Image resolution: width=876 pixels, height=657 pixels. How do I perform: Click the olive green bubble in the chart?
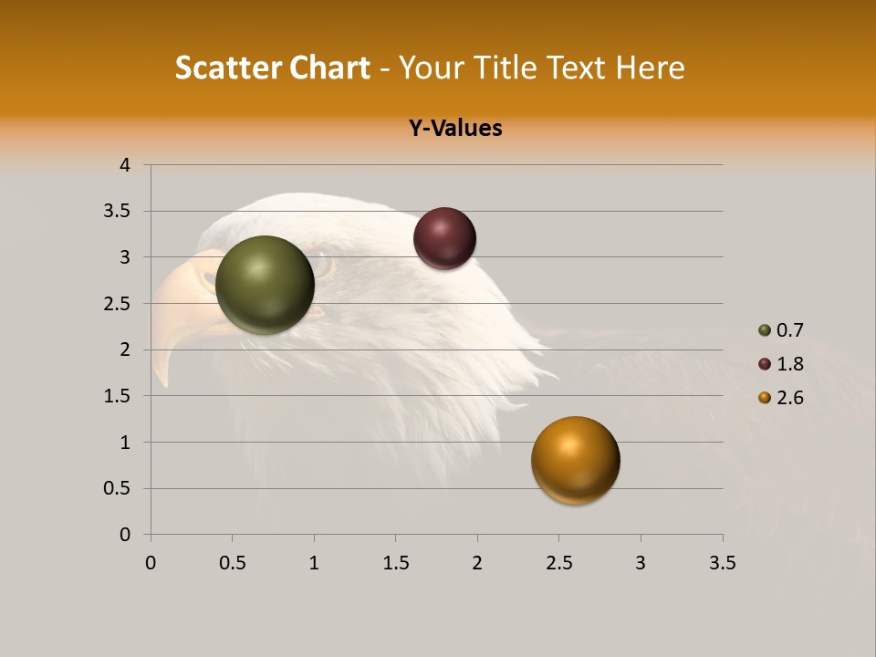tap(265, 285)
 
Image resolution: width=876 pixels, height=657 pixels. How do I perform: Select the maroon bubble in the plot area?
tap(444, 238)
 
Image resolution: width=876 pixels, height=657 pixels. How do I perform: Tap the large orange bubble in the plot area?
tap(575, 460)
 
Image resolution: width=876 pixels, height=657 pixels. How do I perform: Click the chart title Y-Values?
tap(455, 129)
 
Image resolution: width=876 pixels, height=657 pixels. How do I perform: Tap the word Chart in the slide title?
tap(329, 68)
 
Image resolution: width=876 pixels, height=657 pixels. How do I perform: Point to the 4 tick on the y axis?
tap(125, 165)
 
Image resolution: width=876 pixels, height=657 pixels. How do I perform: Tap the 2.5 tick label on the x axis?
tap(558, 563)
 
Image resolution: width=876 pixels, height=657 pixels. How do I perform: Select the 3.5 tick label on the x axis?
tap(722, 563)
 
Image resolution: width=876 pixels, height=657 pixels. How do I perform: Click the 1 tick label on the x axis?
tap(314, 563)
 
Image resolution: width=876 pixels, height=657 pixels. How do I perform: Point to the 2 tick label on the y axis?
tap(125, 349)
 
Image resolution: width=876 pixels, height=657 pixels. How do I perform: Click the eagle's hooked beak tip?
tap(164, 381)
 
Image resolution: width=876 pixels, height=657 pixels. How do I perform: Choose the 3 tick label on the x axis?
tap(641, 563)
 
